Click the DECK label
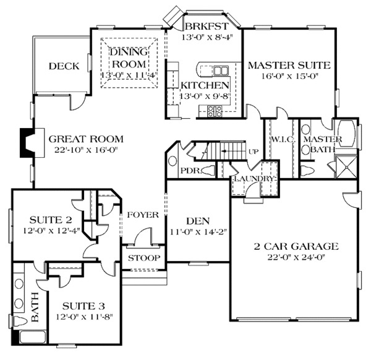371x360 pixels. [x=62, y=66]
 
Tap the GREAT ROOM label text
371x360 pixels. [x=86, y=139]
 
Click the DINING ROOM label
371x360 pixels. [x=129, y=58]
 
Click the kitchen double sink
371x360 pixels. [x=221, y=70]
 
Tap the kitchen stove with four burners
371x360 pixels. [x=215, y=111]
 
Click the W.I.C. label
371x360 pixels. [x=282, y=140]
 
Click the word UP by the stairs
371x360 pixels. [x=254, y=152]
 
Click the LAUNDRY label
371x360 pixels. [x=254, y=179]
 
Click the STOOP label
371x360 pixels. [x=144, y=258]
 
